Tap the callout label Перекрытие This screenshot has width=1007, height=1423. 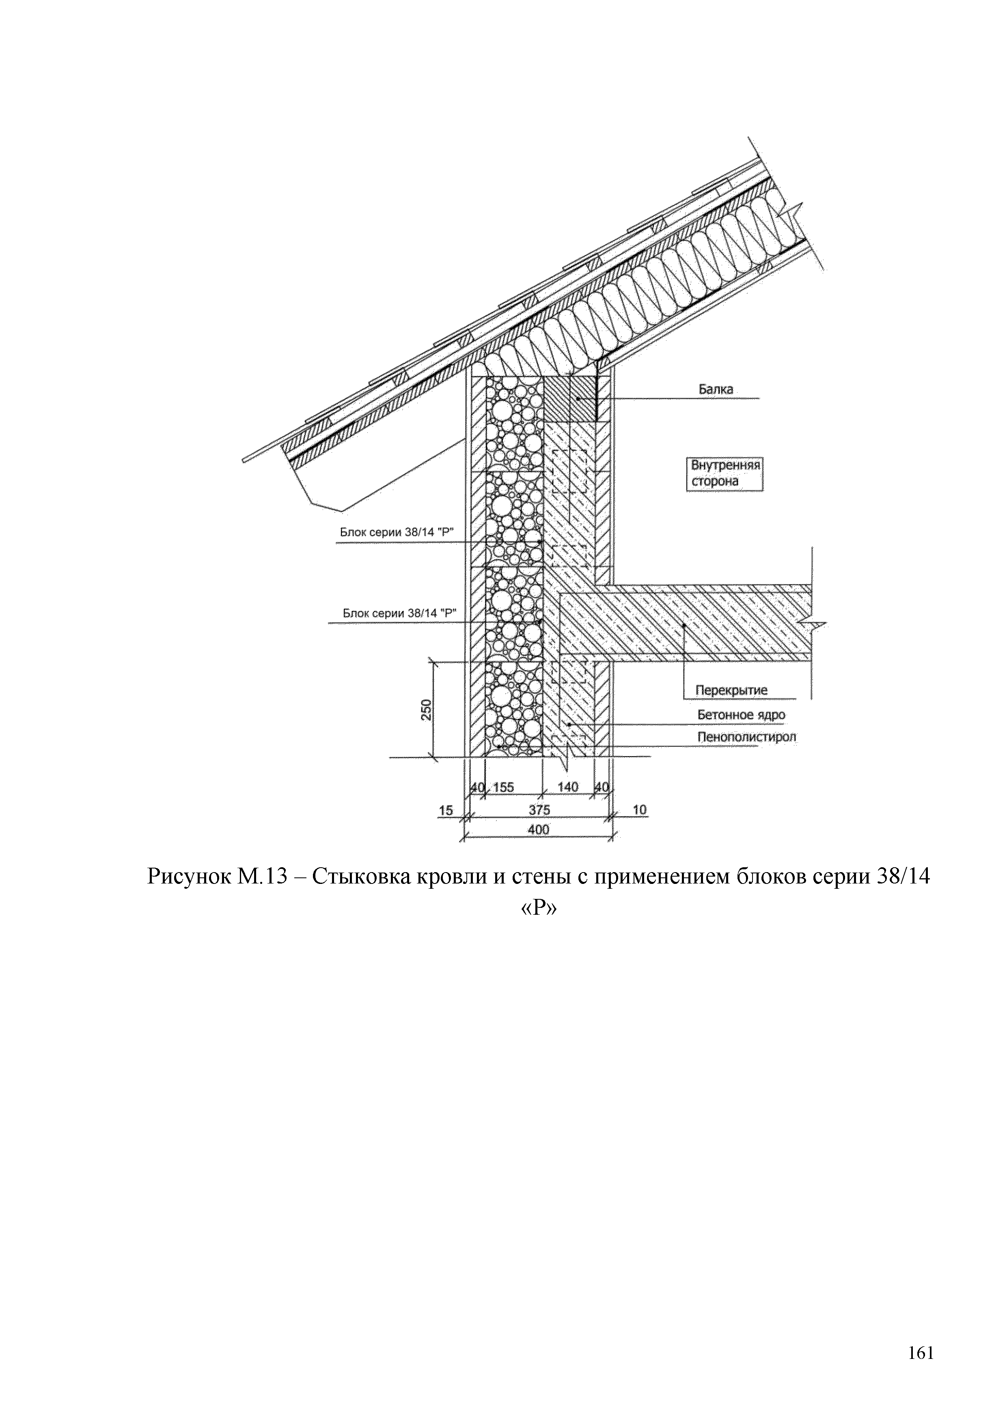click(x=731, y=690)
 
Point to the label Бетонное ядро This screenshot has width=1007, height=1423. click(x=741, y=715)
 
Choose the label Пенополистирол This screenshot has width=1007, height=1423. click(x=746, y=737)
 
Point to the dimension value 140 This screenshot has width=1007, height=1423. click(x=568, y=787)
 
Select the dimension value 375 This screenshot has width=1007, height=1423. click(x=539, y=810)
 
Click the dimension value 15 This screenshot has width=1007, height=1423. click(x=446, y=810)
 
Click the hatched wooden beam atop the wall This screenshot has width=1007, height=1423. click(x=569, y=398)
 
